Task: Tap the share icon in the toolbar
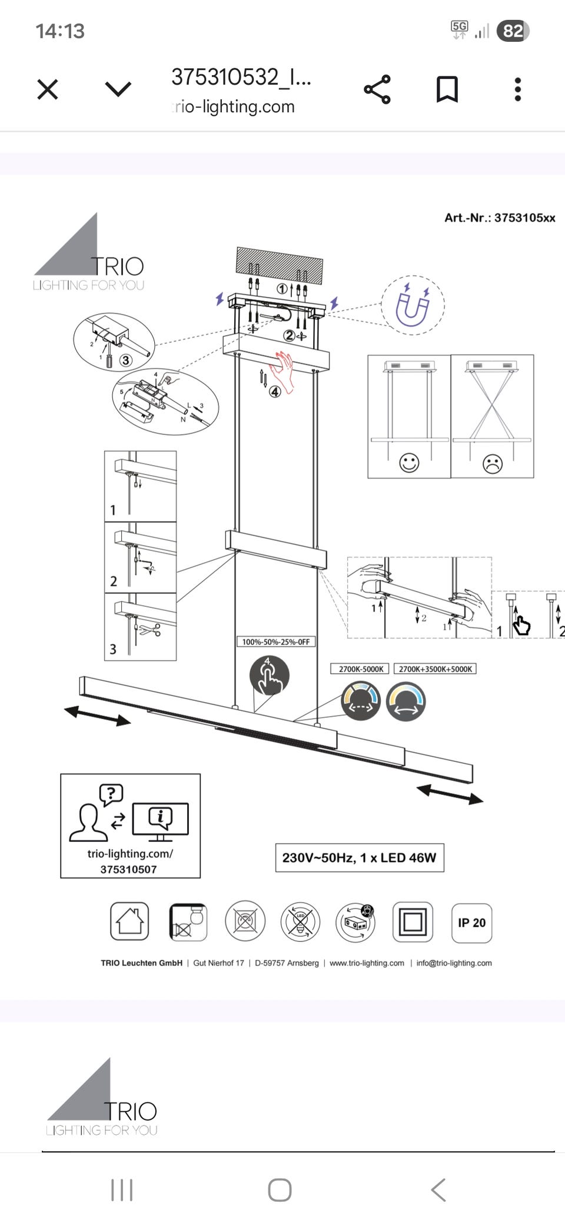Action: pos(377,89)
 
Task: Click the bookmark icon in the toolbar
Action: pos(447,89)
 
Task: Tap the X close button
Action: pos(48,89)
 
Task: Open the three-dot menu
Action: pos(518,89)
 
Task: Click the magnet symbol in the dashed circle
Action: pos(413,305)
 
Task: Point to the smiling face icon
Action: pos(409,463)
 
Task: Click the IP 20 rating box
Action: pos(471,923)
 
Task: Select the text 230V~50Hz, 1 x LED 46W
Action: pos(359,858)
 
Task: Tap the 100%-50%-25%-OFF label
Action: pos(275,641)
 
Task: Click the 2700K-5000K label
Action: pos(361,669)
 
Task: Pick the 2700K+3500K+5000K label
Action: pos(435,669)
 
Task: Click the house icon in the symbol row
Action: pos(129,921)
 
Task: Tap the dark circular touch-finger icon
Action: pos(269,676)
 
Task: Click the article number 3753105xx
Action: pos(500,218)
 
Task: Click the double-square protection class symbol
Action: pos(412,922)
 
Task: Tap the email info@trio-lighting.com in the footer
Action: pos(454,963)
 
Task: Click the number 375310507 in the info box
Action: pos(128,870)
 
